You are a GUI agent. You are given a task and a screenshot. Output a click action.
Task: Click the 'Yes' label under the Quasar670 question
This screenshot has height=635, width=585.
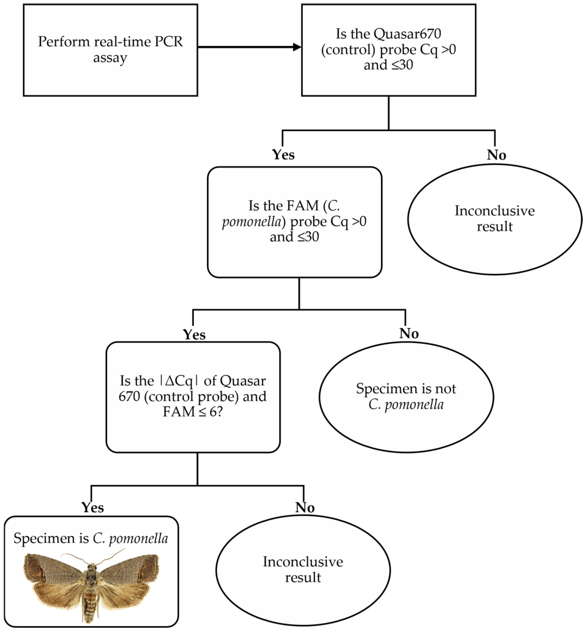pyautogui.click(x=283, y=155)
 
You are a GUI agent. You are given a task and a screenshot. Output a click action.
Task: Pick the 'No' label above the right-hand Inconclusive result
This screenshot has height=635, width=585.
pyautogui.click(x=496, y=155)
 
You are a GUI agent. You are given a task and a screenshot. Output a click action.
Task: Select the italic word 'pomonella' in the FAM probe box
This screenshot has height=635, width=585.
pyautogui.click(x=252, y=221)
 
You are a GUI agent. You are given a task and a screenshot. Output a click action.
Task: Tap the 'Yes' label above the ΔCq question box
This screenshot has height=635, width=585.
pyautogui.click(x=194, y=335)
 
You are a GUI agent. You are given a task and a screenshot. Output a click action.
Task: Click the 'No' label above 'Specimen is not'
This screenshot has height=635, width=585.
pyautogui.click(x=409, y=333)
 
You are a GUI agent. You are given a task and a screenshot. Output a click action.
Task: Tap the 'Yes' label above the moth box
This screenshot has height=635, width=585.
pyautogui.click(x=92, y=507)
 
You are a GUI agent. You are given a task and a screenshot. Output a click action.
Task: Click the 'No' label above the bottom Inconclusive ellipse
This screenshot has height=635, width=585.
pyautogui.click(x=305, y=507)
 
